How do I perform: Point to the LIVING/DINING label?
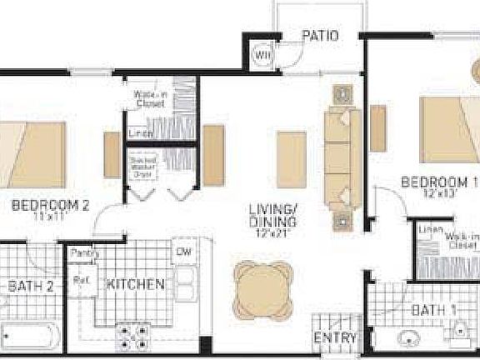pos(274,215)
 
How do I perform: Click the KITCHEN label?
pos(134,284)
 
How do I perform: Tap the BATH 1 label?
pos(434,312)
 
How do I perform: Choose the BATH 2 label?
pos(31,287)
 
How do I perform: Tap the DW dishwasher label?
pos(184,251)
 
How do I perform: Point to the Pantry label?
pos(82,252)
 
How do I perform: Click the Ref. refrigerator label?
pos(82,280)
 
